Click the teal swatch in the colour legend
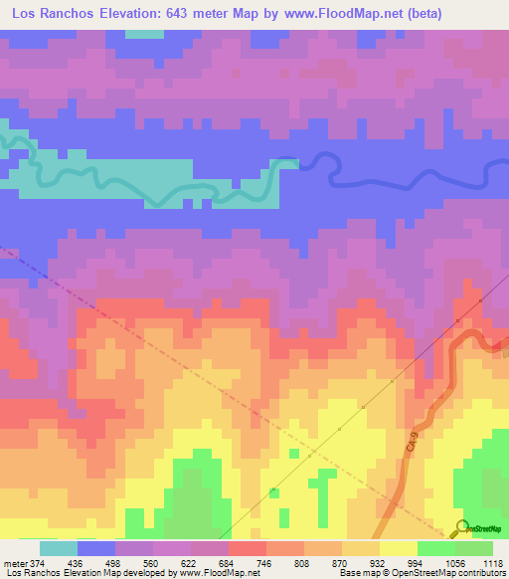pos(59,548)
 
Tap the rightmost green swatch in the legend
pos(474,548)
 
